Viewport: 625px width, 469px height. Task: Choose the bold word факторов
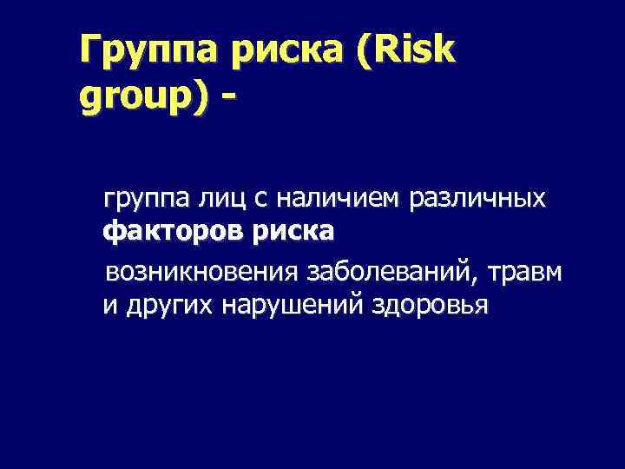click(173, 233)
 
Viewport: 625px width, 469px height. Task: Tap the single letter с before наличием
click(260, 201)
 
